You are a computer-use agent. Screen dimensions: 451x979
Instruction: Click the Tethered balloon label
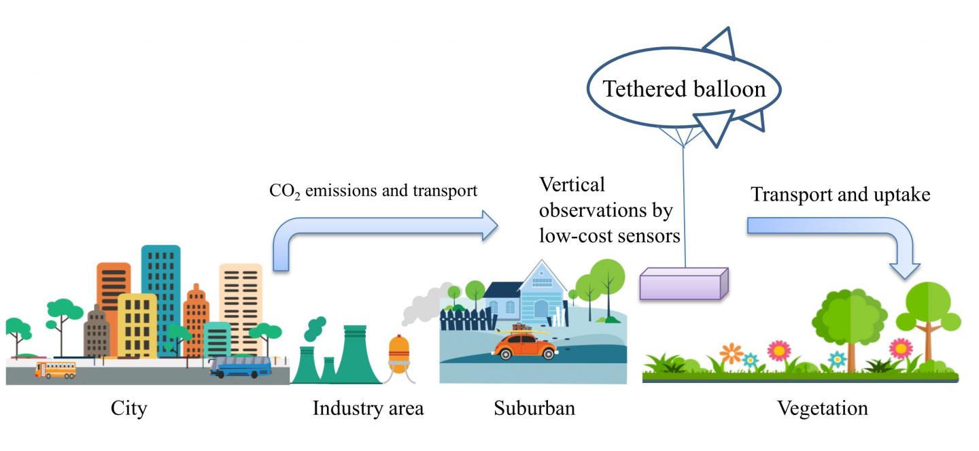(684, 89)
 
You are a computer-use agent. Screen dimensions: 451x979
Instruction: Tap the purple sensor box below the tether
(684, 283)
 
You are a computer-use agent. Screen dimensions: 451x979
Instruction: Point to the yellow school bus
(56, 369)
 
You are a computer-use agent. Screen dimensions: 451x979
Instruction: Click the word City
(128, 409)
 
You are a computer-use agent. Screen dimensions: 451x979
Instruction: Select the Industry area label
(368, 409)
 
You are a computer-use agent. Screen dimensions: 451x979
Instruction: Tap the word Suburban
(534, 409)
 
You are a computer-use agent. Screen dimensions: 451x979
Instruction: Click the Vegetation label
(823, 409)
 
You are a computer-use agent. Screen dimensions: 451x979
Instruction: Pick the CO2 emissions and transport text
(373, 191)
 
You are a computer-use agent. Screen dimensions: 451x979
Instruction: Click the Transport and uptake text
(840, 195)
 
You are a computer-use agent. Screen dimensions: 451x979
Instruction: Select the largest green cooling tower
(355, 357)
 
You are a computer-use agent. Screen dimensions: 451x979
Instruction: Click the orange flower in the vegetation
(731, 353)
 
